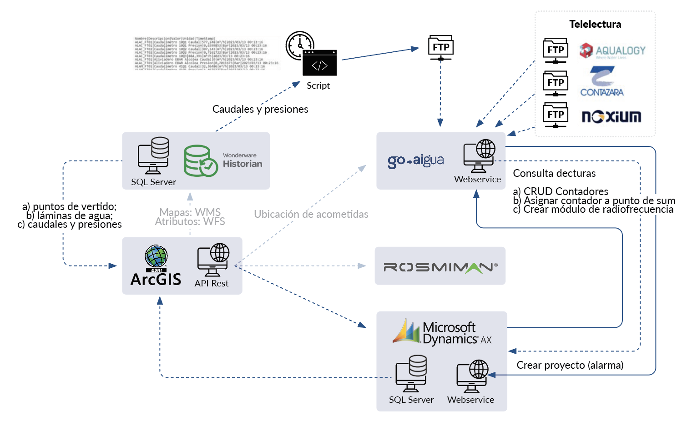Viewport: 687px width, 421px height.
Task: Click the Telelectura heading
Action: click(x=595, y=25)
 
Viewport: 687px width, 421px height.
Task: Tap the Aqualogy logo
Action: click(x=612, y=51)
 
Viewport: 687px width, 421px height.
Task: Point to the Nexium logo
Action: click(x=611, y=117)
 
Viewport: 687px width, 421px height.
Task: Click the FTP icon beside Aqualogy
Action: click(x=556, y=50)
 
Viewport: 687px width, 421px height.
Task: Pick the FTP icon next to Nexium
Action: click(x=556, y=115)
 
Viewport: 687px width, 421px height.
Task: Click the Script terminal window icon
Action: click(x=320, y=63)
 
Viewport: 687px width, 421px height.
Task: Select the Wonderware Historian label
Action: click(x=242, y=161)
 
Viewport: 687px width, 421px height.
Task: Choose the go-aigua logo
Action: click(x=415, y=160)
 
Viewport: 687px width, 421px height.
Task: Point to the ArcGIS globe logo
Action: click(x=156, y=256)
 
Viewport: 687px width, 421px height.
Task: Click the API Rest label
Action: click(x=212, y=283)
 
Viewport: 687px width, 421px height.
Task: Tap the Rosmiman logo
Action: click(x=440, y=267)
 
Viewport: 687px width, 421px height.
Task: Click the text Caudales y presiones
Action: click(x=260, y=110)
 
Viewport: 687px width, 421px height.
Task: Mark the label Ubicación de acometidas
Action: click(x=311, y=214)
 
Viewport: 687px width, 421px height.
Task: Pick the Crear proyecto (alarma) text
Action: click(x=570, y=366)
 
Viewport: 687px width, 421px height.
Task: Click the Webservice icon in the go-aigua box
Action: click(x=479, y=155)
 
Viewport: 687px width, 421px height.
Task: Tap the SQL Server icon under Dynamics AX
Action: click(x=411, y=373)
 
